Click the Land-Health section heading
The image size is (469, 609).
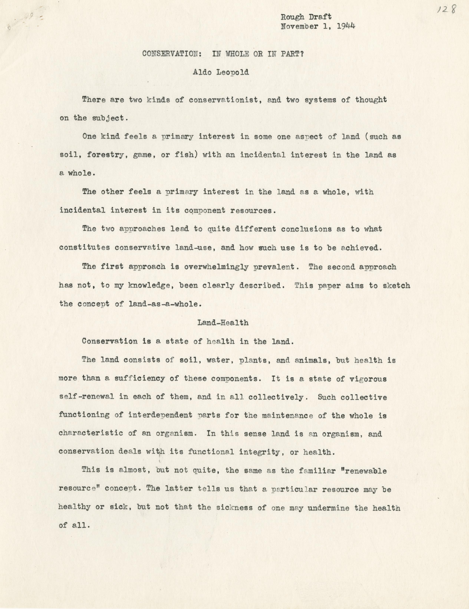point(223,323)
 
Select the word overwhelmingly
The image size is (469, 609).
point(216,267)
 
